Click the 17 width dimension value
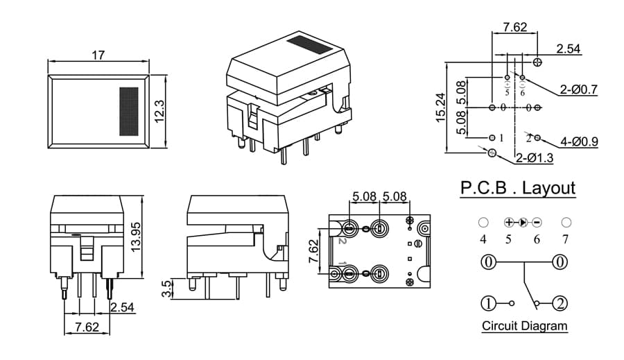point(98,55)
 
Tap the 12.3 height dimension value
point(159,111)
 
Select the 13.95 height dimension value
point(137,237)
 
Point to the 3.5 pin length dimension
point(167,289)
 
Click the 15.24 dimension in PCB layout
point(440,108)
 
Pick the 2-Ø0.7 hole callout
point(579,89)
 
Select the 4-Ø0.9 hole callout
point(579,142)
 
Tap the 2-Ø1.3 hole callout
point(535,158)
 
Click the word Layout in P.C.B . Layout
point(548,187)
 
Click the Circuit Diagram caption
point(525,326)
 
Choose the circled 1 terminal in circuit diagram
point(488,303)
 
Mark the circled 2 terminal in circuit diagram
point(560,303)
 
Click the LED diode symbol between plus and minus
point(523,222)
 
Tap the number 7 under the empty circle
point(566,239)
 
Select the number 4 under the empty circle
point(483,239)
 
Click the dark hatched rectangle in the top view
point(129,111)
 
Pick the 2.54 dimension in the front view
point(122,307)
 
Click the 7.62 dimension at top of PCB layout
point(515,26)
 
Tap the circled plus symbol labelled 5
point(509,222)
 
